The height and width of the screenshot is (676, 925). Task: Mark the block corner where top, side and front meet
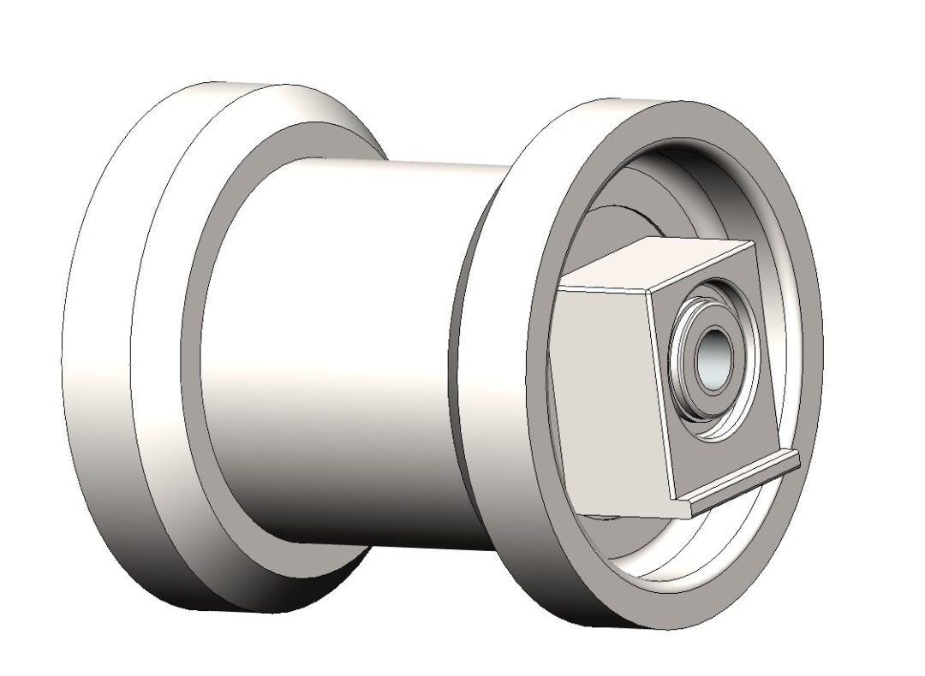click(x=648, y=289)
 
